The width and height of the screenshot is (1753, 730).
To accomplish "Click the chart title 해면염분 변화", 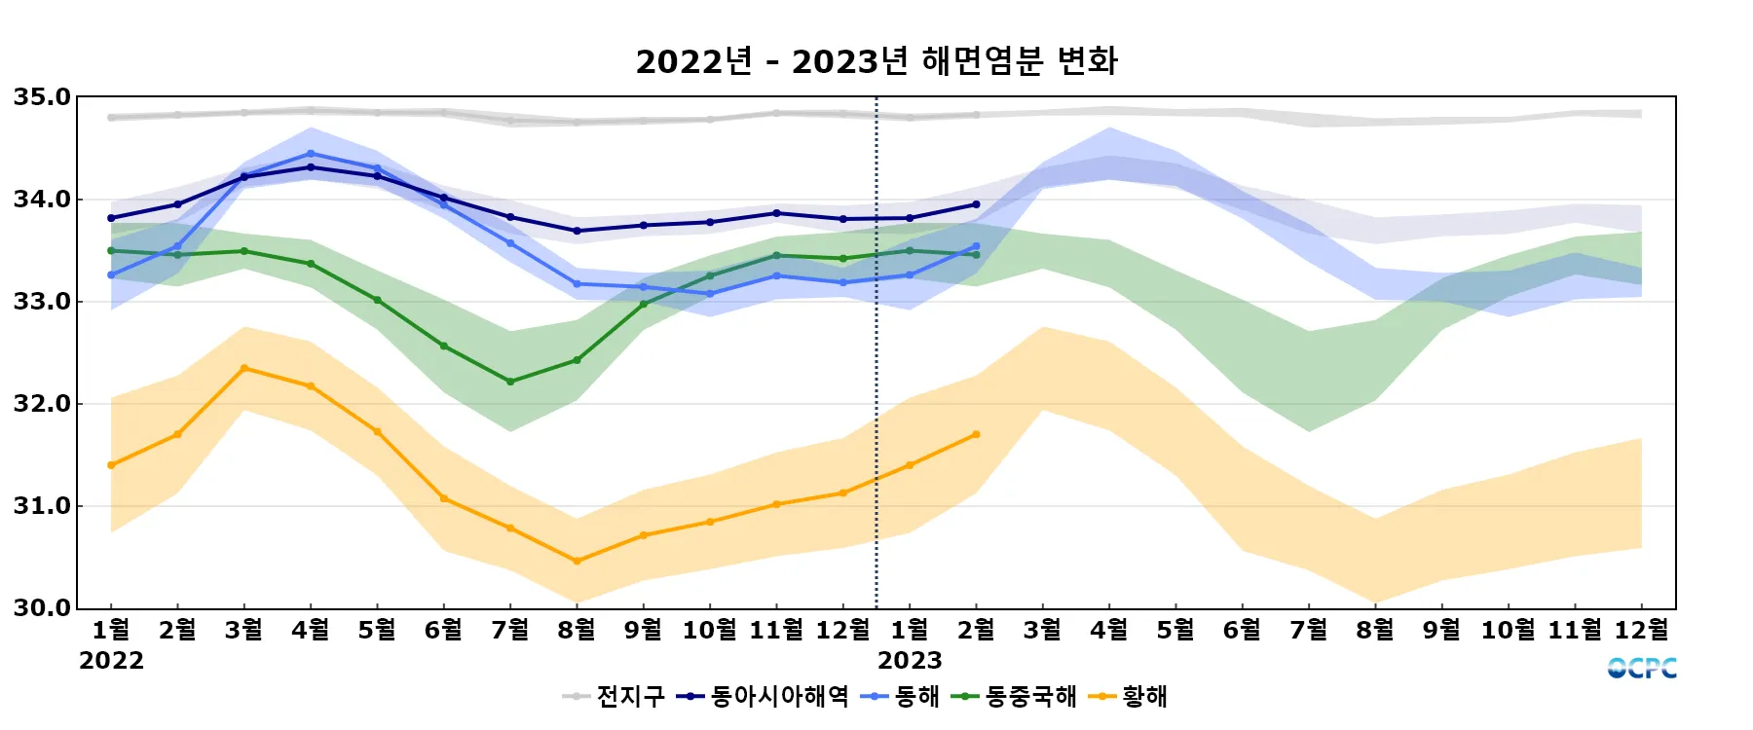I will (x=876, y=61).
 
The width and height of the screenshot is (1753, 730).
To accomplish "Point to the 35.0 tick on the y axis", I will (x=42, y=97).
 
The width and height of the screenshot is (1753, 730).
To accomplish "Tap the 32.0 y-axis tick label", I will (x=42, y=404).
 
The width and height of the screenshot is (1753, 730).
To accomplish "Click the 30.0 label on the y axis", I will (x=42, y=608).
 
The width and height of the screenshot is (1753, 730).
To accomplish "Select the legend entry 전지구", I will (x=629, y=697).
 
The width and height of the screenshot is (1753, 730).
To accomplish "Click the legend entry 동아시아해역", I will (x=778, y=697).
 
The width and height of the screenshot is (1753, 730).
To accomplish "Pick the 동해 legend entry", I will (x=915, y=697).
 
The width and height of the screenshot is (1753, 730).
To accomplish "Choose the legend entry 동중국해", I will (x=1030, y=697).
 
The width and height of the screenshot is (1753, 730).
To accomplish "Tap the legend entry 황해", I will (x=1143, y=697).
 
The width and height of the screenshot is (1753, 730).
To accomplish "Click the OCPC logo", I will (x=1642, y=668).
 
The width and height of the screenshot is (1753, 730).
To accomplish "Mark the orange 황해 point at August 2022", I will (x=577, y=561).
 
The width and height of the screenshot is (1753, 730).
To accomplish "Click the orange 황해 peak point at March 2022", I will (x=244, y=368).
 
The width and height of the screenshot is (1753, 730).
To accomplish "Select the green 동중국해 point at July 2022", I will (x=510, y=382).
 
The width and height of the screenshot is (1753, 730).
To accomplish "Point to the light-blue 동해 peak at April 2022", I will (x=311, y=153).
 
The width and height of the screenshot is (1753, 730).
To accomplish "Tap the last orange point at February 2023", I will (x=976, y=435).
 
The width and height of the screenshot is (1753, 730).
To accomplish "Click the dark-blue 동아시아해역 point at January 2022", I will (x=111, y=218).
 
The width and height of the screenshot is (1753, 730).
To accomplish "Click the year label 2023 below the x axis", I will (x=910, y=661).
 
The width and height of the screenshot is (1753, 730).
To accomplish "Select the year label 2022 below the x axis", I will (x=111, y=661).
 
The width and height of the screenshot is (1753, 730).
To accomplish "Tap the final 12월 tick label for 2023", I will (x=1641, y=630).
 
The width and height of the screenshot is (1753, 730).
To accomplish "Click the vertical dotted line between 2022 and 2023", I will (x=876, y=389).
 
